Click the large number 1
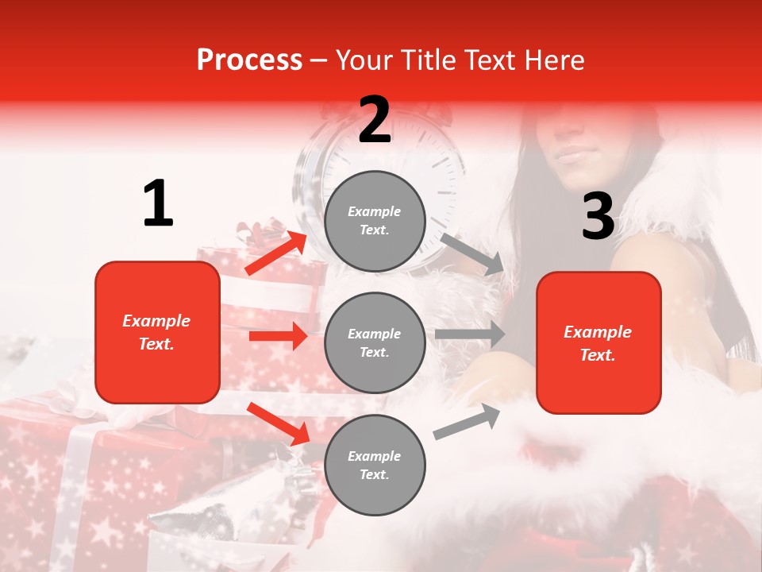pyautogui.click(x=158, y=203)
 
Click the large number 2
pyautogui.click(x=375, y=119)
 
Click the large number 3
pyautogui.click(x=598, y=216)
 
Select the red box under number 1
pyautogui.click(x=157, y=332)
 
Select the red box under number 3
pyautogui.click(x=598, y=342)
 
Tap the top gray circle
pyautogui.click(x=375, y=221)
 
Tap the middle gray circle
pyautogui.click(x=375, y=342)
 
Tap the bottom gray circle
pyautogui.click(x=375, y=465)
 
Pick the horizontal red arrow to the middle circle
pyautogui.click(x=278, y=336)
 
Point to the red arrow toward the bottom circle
pyautogui.click(x=279, y=423)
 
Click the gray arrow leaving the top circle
pyautogui.click(x=472, y=253)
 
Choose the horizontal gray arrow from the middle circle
pyautogui.click(x=470, y=334)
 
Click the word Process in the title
pyautogui.click(x=249, y=60)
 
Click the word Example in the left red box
pyautogui.click(x=156, y=321)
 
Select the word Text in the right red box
pyautogui.click(x=598, y=355)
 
